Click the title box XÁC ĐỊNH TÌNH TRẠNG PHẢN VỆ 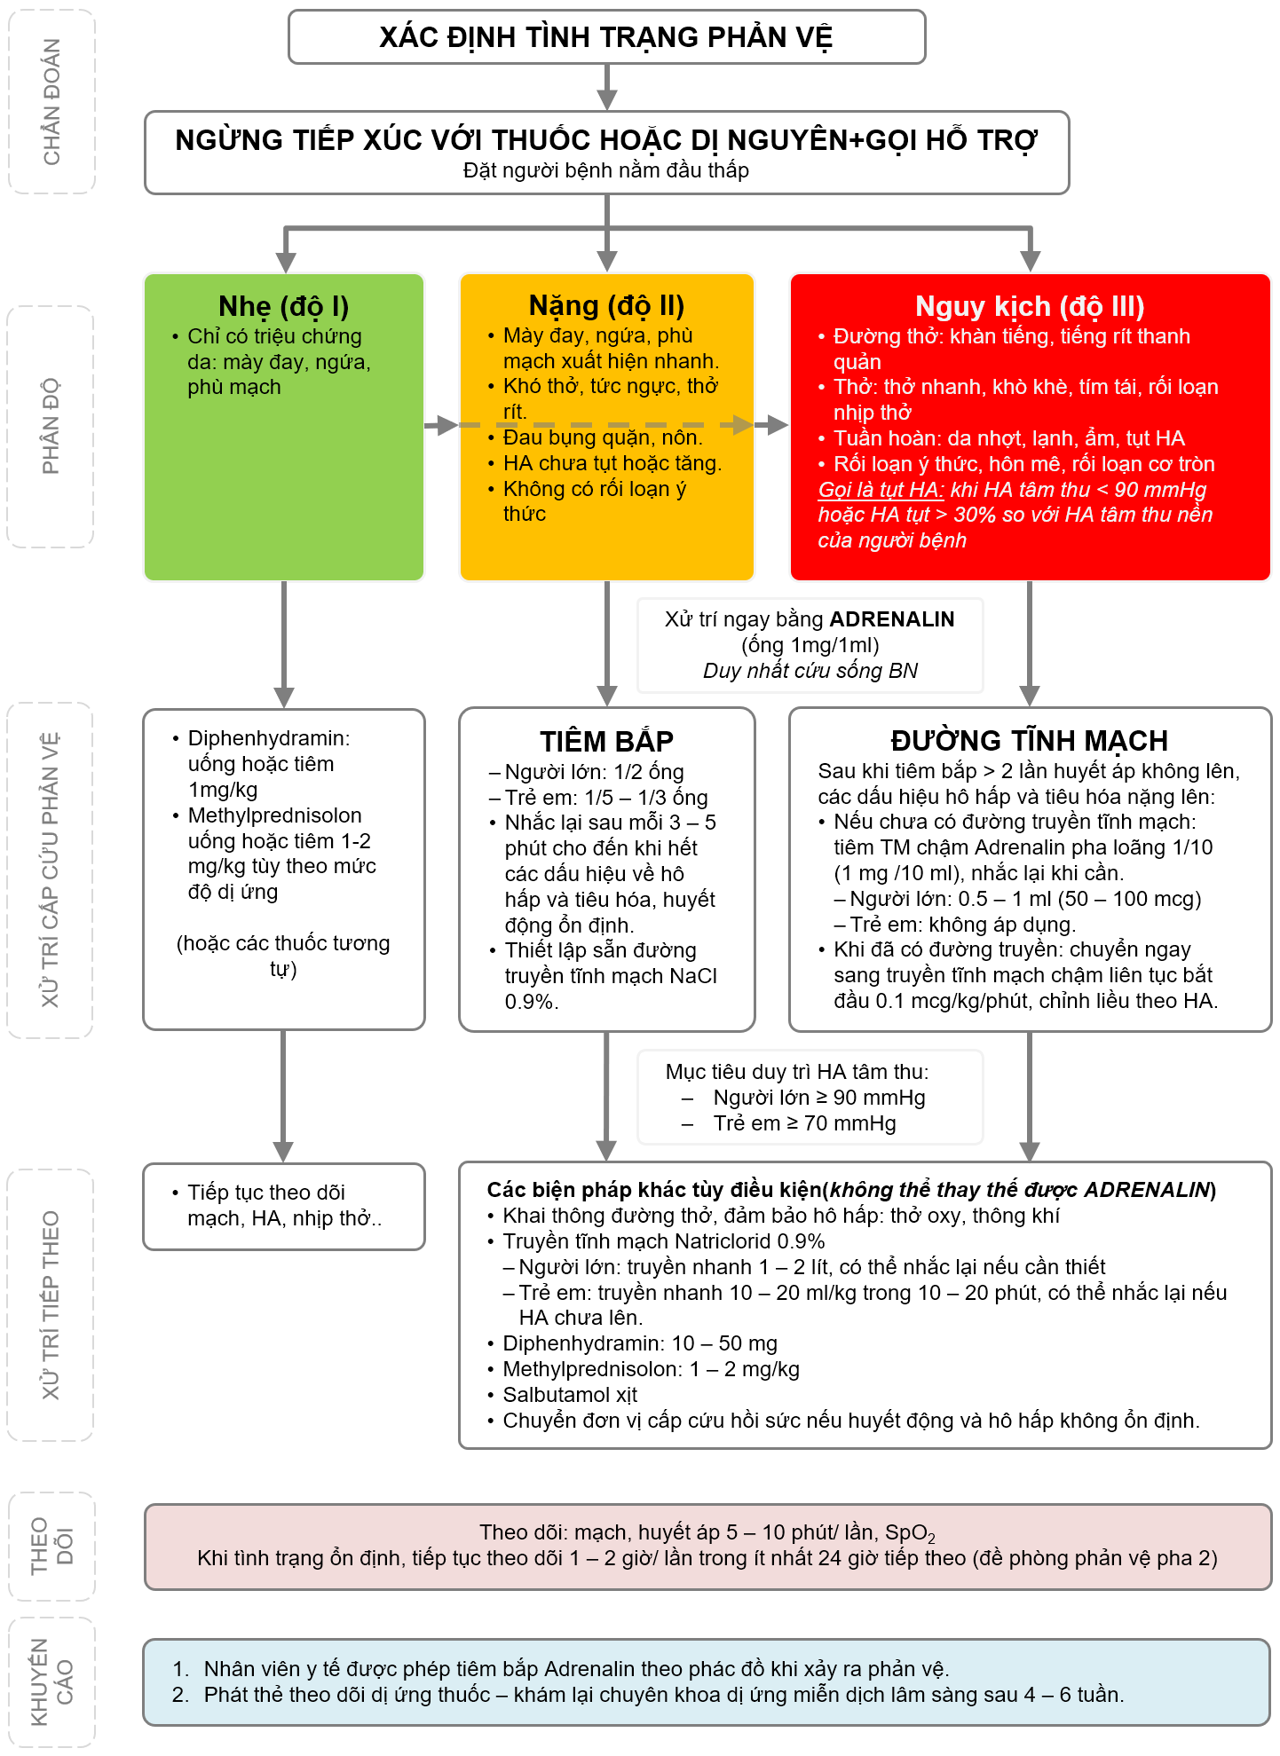[x=606, y=37]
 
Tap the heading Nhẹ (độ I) [x=283, y=306]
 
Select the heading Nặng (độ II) [x=606, y=305]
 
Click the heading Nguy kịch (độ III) [x=1030, y=306]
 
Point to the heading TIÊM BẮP [x=606, y=741]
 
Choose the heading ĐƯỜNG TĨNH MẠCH [x=1029, y=741]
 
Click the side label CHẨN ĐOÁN [x=51, y=101]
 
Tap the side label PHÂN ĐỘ [x=51, y=426]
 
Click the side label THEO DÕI [x=51, y=1546]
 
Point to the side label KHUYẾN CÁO [x=51, y=1681]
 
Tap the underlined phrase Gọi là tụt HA [x=880, y=490]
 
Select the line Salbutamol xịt [x=569, y=1395]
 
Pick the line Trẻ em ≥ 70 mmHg [x=804, y=1123]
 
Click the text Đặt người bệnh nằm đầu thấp [x=606, y=170]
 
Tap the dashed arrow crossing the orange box [x=606, y=426]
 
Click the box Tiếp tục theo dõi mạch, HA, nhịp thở [x=284, y=1206]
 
